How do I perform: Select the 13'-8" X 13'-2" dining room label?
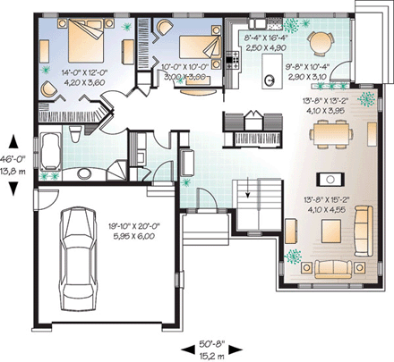coord(326,106)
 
